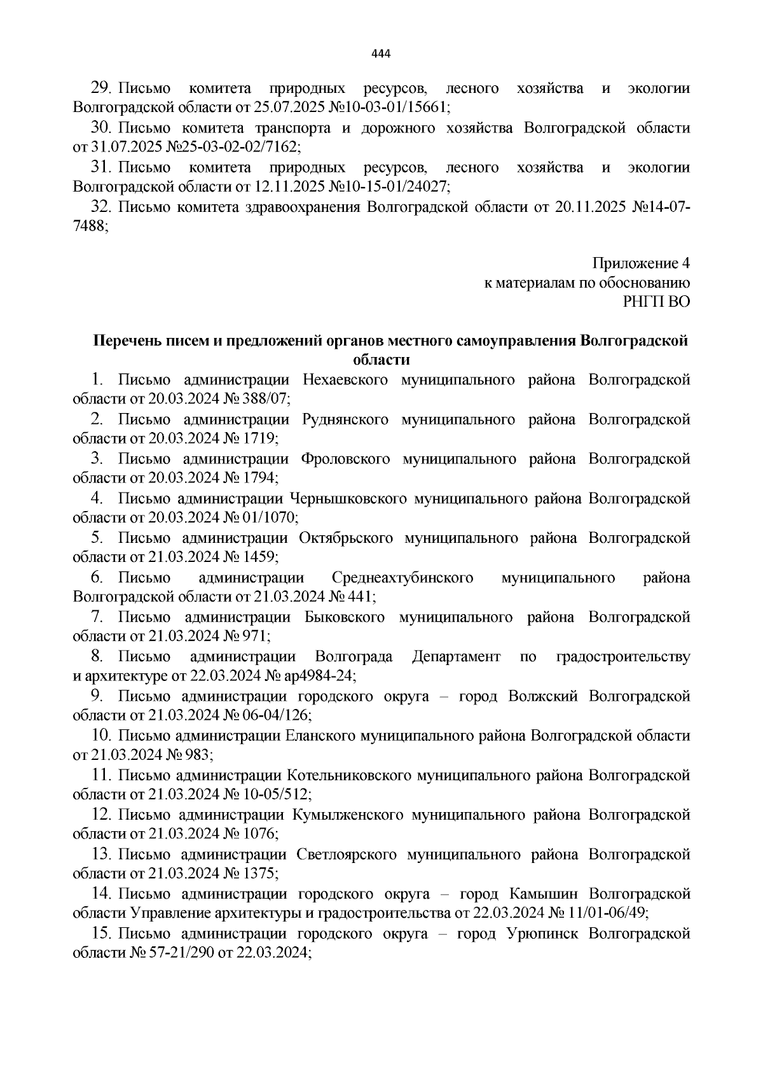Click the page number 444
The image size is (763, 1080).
(x=380, y=53)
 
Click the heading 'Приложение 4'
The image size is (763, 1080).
(x=641, y=263)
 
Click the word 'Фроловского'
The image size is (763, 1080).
(x=345, y=459)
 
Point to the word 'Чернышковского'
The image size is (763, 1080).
(x=347, y=498)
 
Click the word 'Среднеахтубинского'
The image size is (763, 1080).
(x=402, y=578)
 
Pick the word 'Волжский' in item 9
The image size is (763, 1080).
(x=543, y=696)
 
